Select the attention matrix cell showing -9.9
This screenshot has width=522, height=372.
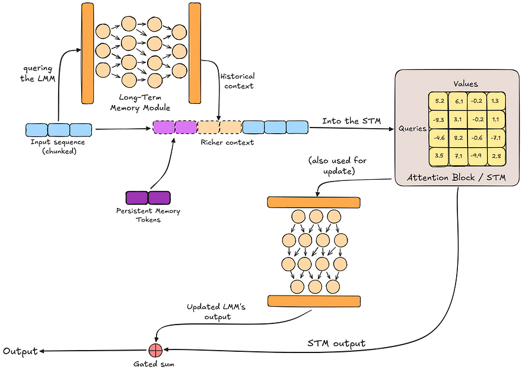click(x=476, y=156)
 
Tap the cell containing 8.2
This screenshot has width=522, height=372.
click(x=457, y=138)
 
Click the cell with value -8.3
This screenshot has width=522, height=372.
click(x=439, y=120)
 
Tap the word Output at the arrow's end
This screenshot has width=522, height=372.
click(x=20, y=351)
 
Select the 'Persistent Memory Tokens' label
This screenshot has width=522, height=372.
click(x=148, y=215)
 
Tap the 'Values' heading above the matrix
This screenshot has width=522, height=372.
click(x=466, y=84)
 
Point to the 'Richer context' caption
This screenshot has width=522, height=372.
click(x=231, y=142)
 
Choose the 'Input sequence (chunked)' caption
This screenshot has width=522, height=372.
click(x=58, y=147)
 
